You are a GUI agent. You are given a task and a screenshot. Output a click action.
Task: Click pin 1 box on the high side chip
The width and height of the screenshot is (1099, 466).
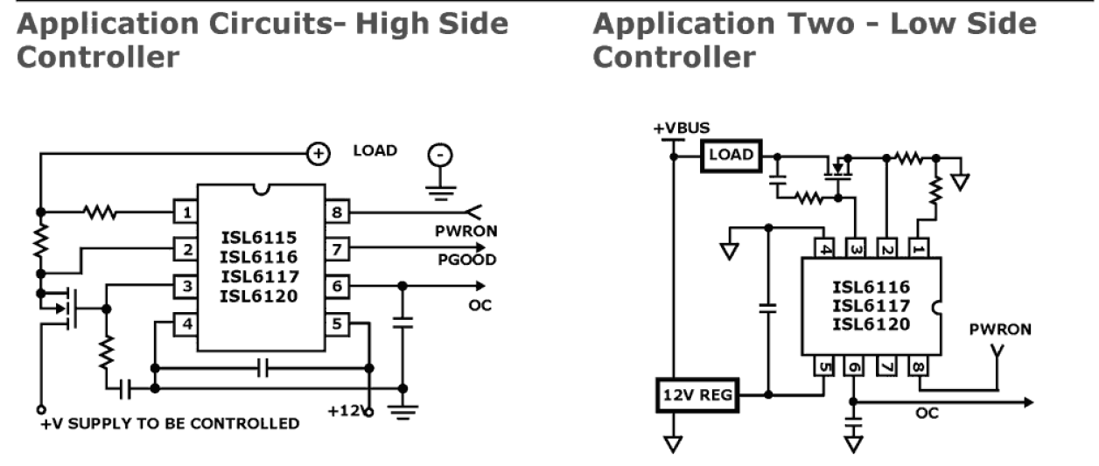185,212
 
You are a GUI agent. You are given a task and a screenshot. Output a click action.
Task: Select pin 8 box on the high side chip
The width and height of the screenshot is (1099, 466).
337,212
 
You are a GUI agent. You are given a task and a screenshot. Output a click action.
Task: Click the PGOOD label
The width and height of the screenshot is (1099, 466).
467,260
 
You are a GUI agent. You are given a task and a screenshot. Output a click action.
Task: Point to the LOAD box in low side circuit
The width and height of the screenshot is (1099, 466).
731,156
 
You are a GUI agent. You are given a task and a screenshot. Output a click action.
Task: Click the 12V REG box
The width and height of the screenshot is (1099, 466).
696,395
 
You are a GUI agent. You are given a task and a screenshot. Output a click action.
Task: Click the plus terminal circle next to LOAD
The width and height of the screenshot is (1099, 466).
317,154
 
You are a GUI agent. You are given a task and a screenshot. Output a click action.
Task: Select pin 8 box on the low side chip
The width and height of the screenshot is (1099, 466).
917,365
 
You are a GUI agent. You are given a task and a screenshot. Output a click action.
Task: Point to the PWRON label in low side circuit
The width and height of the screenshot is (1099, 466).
1000,330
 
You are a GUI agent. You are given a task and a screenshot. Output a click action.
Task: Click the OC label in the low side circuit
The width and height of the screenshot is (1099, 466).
927,413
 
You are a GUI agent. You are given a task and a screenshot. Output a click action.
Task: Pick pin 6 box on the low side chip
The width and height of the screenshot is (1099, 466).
853,365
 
